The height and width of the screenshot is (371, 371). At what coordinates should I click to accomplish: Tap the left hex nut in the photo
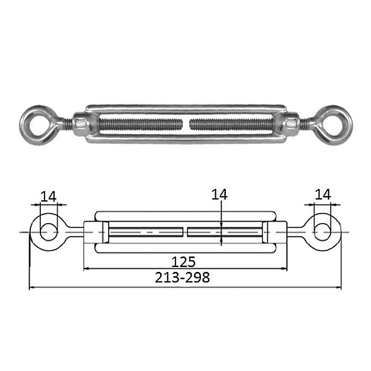(x=81, y=125)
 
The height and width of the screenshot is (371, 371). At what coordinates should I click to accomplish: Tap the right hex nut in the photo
(x=291, y=125)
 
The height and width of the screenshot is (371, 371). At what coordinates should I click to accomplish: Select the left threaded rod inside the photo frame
(x=140, y=125)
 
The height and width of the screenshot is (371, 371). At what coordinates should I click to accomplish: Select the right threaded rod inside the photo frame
(x=232, y=125)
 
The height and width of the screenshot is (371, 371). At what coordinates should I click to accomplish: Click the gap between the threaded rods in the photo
(x=186, y=125)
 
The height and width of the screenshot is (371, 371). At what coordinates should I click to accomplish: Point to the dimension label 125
(x=183, y=262)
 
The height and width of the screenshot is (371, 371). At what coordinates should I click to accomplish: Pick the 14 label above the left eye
(x=49, y=197)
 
